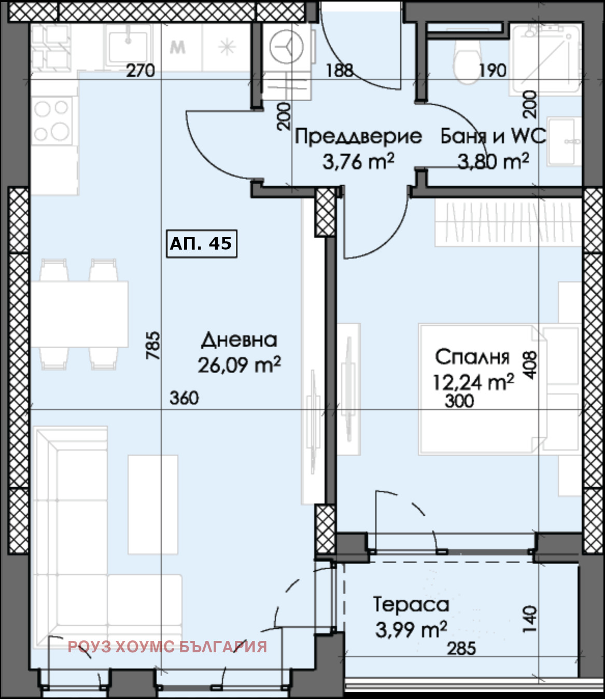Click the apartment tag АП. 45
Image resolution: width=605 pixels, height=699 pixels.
click(x=201, y=243)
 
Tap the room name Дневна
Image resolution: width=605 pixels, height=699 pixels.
click(x=239, y=340)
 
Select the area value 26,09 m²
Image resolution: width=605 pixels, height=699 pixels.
click(x=239, y=365)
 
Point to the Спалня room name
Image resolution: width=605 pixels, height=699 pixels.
click(x=472, y=357)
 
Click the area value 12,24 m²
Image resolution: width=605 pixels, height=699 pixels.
click(x=473, y=382)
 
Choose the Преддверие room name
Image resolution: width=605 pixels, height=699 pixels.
click(x=358, y=136)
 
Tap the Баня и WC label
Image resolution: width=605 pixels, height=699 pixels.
click(x=493, y=136)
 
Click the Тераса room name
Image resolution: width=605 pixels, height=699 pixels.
click(x=411, y=605)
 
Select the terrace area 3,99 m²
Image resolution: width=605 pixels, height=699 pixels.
click(x=411, y=630)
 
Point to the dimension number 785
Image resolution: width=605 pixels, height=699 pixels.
click(x=153, y=346)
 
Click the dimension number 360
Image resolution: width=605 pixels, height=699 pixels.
click(x=184, y=398)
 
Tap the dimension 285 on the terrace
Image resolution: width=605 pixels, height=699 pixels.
click(x=461, y=648)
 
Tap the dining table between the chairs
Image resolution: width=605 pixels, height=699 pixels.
click(x=79, y=314)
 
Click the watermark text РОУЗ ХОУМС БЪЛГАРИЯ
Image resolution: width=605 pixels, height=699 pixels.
click(x=167, y=647)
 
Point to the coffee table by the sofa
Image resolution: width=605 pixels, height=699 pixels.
click(x=153, y=504)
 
